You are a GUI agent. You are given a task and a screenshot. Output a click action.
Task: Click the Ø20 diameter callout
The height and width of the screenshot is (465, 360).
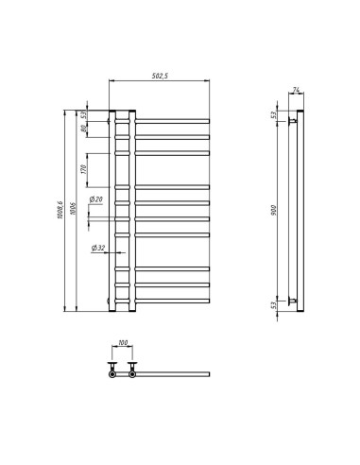click(96, 200)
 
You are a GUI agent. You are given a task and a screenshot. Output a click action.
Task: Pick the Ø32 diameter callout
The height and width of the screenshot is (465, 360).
click(97, 248)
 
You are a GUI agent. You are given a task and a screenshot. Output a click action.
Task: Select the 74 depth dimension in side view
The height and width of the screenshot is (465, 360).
click(295, 91)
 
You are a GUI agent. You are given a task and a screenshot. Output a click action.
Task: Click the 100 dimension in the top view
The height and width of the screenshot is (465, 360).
click(123, 344)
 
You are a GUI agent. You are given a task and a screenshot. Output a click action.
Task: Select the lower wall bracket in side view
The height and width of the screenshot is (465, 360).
click(294, 301)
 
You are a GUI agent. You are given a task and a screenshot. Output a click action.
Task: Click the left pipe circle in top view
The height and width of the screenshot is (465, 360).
click(113, 374)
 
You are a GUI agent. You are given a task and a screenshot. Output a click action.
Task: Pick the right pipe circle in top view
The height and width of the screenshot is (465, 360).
click(132, 374)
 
